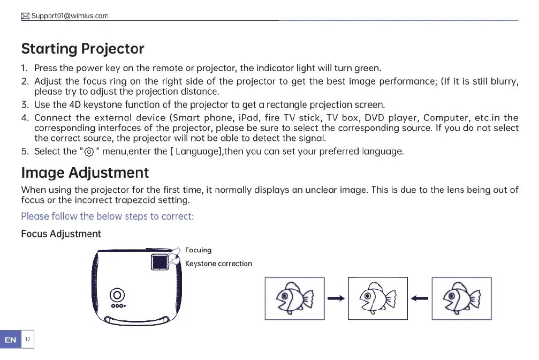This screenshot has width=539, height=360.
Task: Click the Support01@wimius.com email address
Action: (x=70, y=16)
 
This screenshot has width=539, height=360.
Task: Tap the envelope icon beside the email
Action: (x=25, y=16)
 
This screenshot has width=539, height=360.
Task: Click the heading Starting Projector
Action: (x=82, y=49)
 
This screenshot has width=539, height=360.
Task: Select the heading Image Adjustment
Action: (x=85, y=173)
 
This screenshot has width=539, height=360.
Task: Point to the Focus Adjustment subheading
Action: (x=60, y=234)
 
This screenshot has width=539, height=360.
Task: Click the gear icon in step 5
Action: (x=89, y=152)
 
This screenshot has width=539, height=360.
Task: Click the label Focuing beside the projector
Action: (x=198, y=250)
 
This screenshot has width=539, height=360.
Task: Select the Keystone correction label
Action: (x=218, y=264)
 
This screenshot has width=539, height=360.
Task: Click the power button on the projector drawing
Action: (x=117, y=295)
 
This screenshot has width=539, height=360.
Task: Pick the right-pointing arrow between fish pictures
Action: (x=336, y=298)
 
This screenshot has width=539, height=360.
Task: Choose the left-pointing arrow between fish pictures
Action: (x=420, y=298)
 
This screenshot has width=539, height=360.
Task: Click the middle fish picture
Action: (x=378, y=298)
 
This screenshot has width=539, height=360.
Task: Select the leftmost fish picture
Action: (x=294, y=298)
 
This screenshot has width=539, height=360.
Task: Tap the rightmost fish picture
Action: (x=461, y=298)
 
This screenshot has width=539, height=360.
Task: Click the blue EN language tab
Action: (x=10, y=340)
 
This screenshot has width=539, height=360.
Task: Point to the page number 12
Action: (x=27, y=340)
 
